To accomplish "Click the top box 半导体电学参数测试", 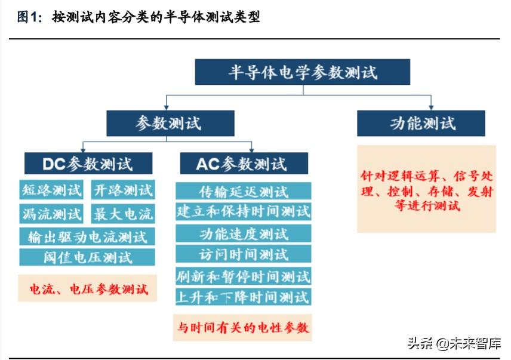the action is (x=303, y=72).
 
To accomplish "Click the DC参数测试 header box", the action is (x=88, y=163).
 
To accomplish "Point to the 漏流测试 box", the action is (x=51, y=213).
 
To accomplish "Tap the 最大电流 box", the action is (x=123, y=213).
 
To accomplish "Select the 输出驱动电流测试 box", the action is (x=87, y=236).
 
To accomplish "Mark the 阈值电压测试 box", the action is (x=87, y=257).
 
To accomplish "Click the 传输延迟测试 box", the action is (x=244, y=192).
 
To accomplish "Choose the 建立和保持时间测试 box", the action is (x=244, y=211).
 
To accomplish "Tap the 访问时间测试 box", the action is (x=244, y=254).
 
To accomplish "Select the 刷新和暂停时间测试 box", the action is (x=244, y=276).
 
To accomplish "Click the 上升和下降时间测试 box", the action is (x=244, y=296).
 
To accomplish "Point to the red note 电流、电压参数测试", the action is (x=88, y=290).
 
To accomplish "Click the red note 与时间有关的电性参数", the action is (x=244, y=327).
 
